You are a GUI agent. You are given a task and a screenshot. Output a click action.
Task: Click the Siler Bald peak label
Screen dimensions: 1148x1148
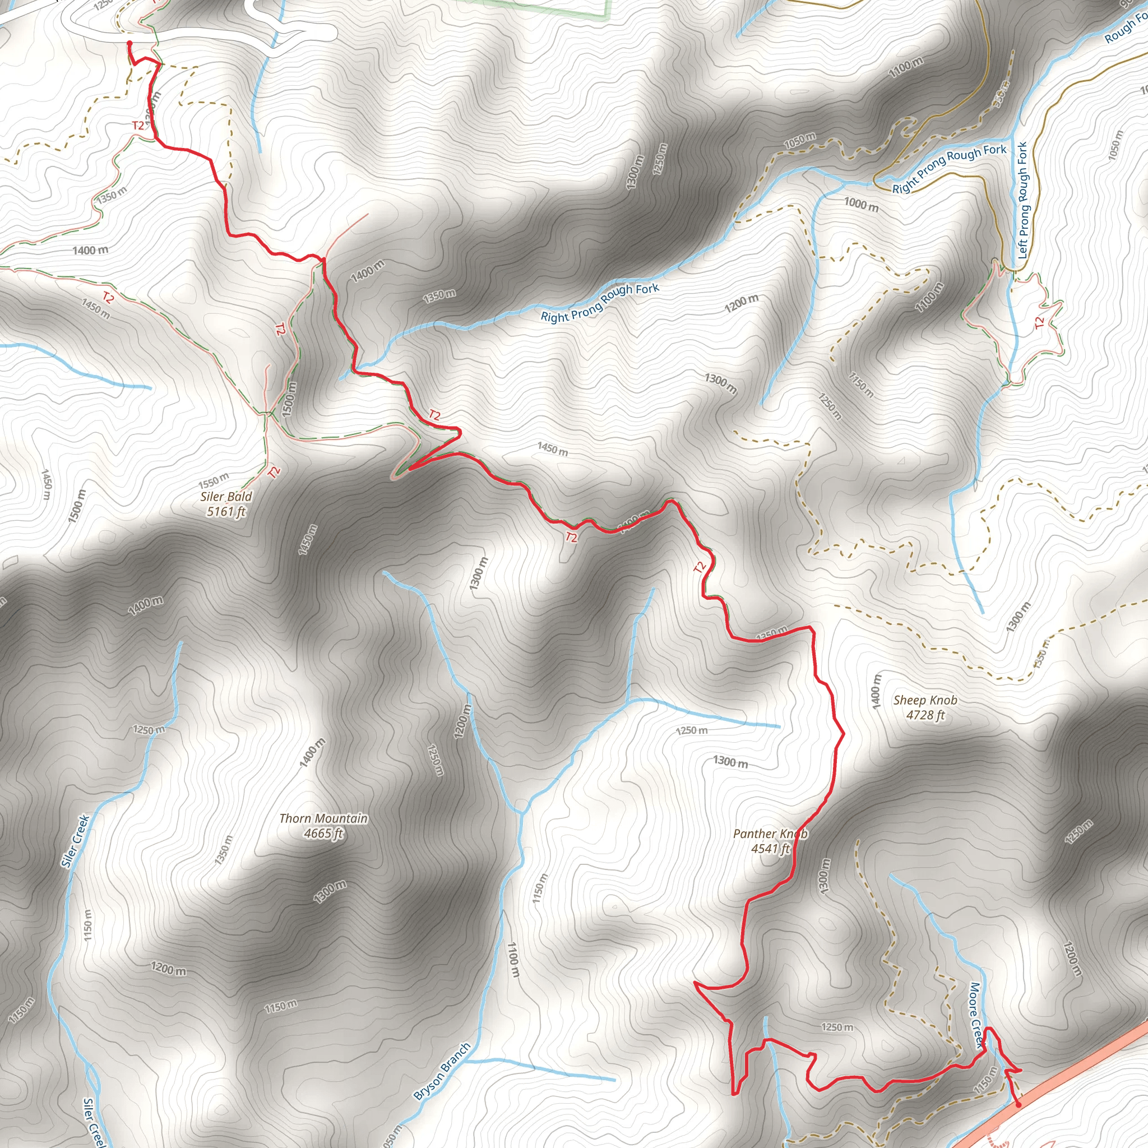point(226,497)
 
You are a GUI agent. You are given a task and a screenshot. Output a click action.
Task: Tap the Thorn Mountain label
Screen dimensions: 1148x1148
point(323,819)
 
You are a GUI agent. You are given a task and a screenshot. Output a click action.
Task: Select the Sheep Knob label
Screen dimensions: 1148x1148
point(925,701)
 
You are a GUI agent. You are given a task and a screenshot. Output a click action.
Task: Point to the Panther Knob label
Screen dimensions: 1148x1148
point(770,834)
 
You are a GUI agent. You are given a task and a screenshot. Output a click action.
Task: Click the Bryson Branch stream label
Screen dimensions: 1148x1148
point(442,1071)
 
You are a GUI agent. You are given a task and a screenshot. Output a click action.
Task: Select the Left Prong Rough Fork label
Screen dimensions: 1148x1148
point(1022,200)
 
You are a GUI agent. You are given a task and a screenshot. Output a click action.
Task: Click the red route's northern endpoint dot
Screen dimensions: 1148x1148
point(129,43)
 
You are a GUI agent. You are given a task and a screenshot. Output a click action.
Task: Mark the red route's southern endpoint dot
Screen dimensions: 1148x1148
point(1019,1105)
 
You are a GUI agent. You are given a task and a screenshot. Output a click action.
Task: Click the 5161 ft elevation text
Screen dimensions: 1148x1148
point(226,512)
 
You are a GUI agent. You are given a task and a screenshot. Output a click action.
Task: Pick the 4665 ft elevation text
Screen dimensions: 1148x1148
point(323,834)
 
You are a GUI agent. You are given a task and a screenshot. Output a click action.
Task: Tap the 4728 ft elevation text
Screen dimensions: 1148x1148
point(925,715)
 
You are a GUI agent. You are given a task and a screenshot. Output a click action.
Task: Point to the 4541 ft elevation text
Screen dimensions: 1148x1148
point(770,849)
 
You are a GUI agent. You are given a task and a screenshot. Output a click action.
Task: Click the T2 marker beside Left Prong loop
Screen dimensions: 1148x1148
point(1039,323)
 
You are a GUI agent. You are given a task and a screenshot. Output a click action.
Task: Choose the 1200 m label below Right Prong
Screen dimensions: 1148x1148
point(742,304)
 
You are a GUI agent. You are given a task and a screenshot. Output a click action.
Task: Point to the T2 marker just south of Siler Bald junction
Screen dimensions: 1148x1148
point(274,473)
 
